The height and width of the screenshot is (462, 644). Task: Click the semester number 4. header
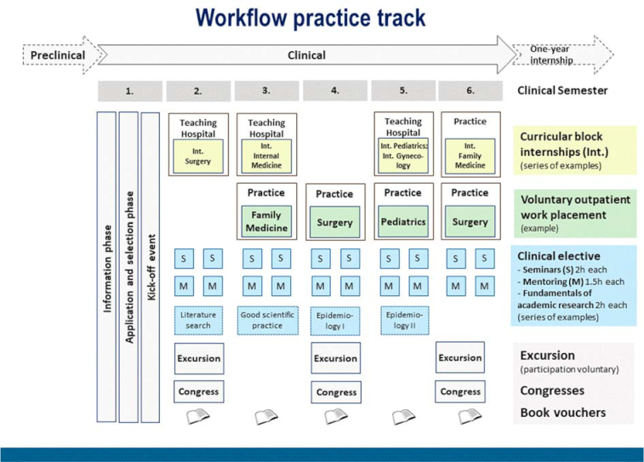(334, 90)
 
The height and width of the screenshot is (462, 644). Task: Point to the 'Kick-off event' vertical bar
(151, 266)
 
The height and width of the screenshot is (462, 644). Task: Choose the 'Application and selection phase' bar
(130, 266)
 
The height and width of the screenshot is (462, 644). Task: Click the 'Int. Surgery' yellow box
(198, 155)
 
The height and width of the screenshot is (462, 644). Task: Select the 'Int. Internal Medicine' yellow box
(265, 156)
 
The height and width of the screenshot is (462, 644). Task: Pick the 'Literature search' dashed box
(198, 320)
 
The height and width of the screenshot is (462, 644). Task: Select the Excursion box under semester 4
(334, 358)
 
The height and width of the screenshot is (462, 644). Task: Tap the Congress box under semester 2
(198, 392)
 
